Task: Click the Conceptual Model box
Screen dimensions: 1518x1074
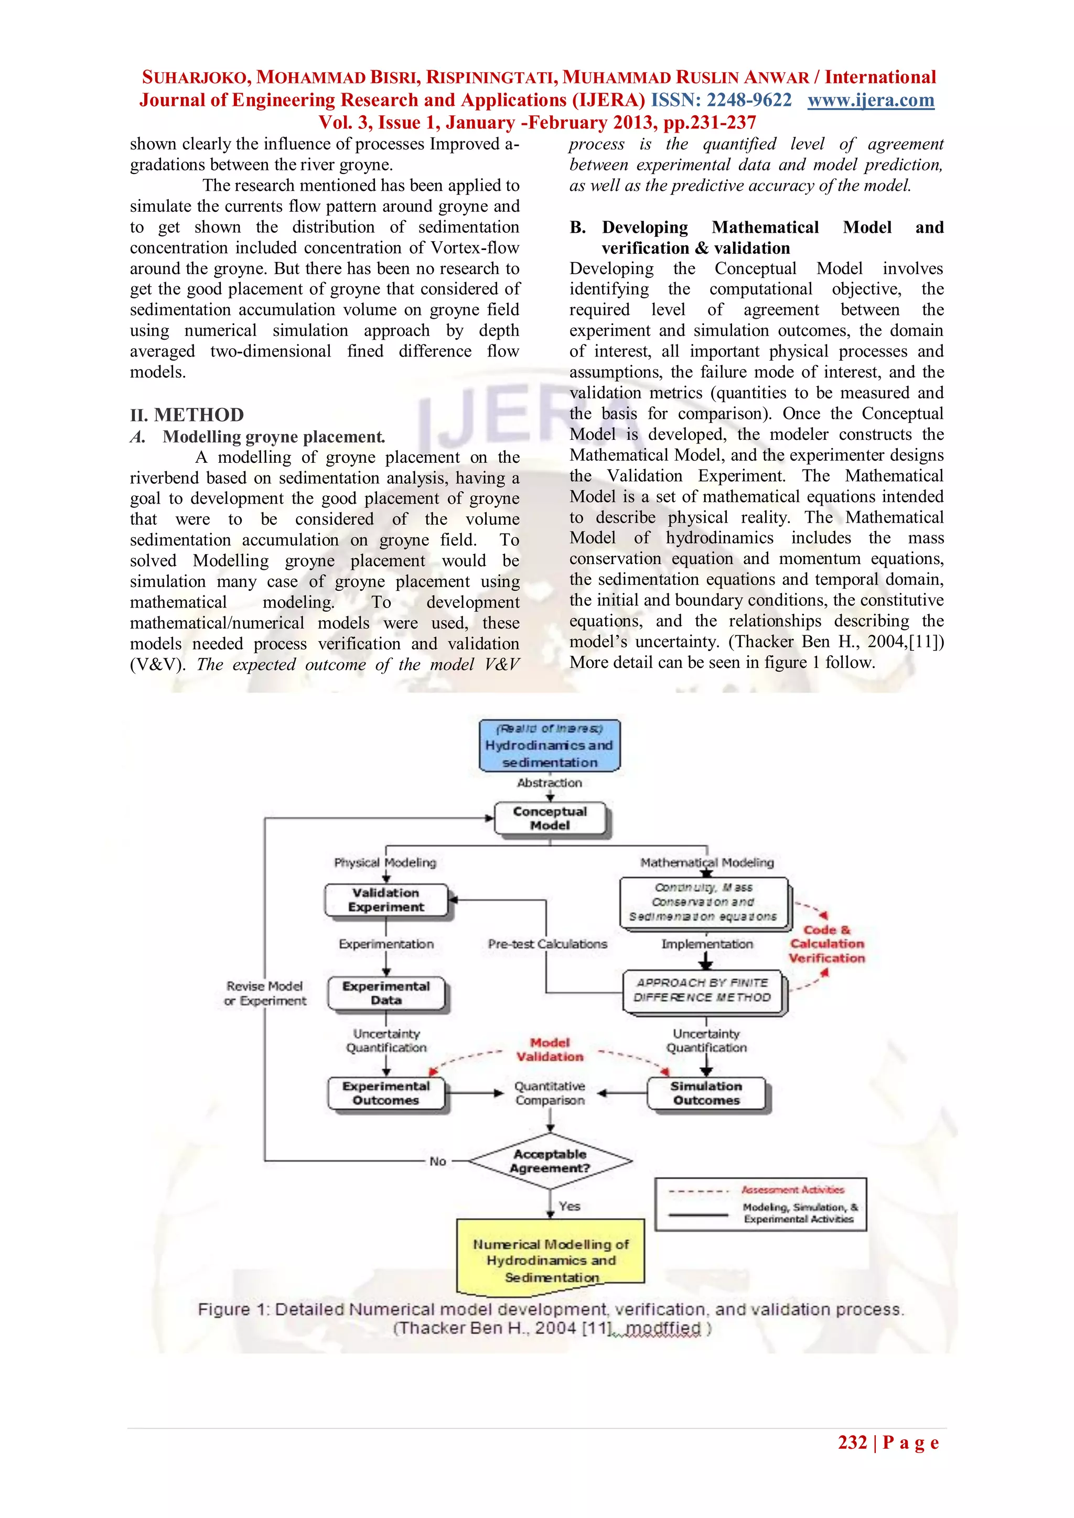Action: click(550, 819)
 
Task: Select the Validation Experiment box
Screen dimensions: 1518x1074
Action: click(386, 900)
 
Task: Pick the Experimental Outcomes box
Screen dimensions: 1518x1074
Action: click(386, 1093)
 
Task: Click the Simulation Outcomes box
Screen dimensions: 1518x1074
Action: click(706, 1093)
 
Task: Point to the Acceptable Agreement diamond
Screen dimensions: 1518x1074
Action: click(550, 1161)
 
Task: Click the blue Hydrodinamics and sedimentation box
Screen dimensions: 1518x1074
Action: click(550, 746)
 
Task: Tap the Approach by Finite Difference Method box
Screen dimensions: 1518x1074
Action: click(703, 990)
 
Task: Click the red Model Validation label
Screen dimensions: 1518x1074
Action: click(550, 1049)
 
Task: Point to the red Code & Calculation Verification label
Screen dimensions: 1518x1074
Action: click(826, 944)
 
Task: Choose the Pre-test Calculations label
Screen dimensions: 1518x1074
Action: click(547, 944)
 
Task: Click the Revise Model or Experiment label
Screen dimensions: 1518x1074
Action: click(265, 993)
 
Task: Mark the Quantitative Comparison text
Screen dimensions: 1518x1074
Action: click(550, 1093)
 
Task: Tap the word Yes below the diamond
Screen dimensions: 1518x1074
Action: click(570, 1206)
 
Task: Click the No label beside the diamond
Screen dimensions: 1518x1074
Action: click(438, 1161)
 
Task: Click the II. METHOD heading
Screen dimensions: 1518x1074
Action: click(187, 415)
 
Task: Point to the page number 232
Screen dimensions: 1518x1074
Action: click(853, 1443)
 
